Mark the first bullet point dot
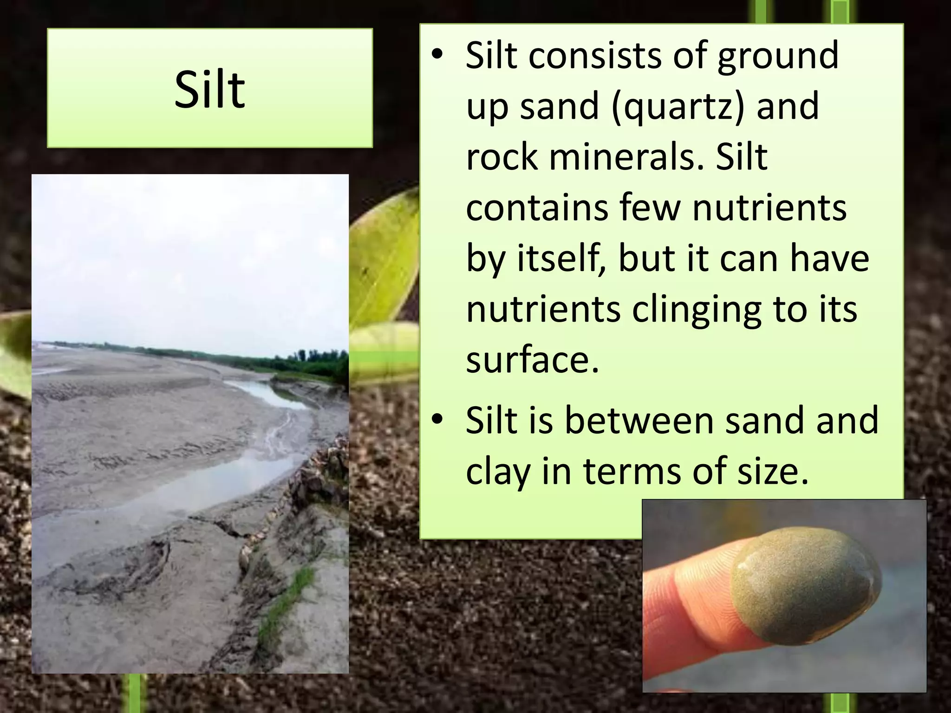pyautogui.click(x=436, y=55)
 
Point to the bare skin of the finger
pyautogui.click(x=687, y=599)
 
